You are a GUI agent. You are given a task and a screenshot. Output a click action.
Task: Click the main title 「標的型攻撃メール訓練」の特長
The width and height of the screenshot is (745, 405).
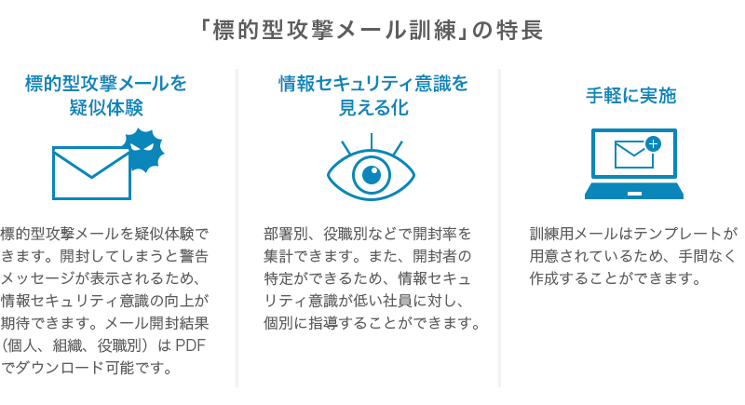(x=372, y=31)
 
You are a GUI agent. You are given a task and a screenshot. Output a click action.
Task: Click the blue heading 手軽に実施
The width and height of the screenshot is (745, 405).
(x=631, y=96)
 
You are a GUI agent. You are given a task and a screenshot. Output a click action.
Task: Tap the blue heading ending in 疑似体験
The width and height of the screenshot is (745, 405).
(x=106, y=96)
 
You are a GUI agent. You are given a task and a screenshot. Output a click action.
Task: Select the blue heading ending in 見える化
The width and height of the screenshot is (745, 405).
(x=373, y=96)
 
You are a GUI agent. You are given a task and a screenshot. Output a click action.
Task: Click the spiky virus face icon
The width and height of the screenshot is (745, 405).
(x=143, y=149)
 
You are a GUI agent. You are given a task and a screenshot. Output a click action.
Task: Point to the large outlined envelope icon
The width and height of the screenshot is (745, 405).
(x=91, y=173)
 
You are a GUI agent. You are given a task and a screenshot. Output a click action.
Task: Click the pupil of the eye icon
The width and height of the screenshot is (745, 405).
(x=371, y=175)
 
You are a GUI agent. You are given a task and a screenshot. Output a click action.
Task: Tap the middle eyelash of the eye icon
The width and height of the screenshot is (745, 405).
(x=371, y=142)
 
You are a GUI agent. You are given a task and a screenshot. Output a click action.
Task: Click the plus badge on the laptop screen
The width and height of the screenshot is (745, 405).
(x=654, y=144)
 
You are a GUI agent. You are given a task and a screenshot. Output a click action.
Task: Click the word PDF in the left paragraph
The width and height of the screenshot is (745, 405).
(x=191, y=345)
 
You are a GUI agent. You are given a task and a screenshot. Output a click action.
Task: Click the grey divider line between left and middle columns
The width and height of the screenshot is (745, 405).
(x=237, y=228)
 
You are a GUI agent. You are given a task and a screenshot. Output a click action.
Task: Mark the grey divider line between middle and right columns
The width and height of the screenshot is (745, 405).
(x=499, y=228)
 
